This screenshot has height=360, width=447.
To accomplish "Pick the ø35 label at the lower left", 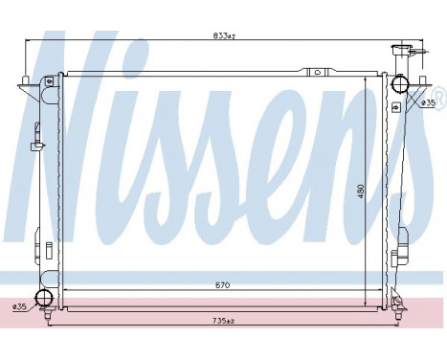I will [19, 305].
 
